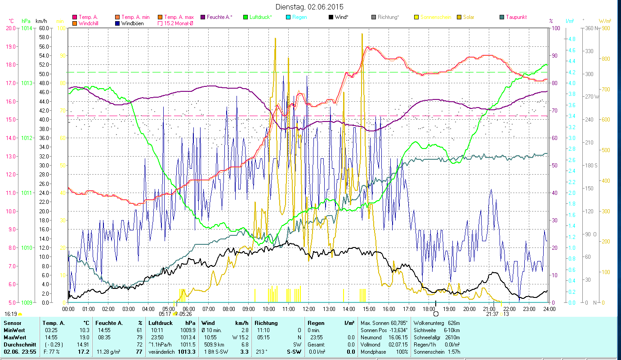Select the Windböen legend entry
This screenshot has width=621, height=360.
click(x=132, y=23)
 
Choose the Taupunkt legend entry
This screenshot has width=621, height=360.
click(x=516, y=17)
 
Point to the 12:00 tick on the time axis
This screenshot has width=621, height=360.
click(x=309, y=309)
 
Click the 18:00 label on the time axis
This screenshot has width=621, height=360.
click(x=429, y=309)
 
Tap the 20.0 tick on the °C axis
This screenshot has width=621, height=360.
click(x=11, y=28)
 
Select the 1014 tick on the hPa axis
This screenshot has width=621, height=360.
click(x=27, y=28)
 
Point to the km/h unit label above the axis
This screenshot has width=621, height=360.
click(x=41, y=21)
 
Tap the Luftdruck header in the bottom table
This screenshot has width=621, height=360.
click(x=161, y=323)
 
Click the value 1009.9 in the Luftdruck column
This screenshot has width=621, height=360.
click(x=189, y=330)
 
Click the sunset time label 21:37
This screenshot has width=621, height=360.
click(x=492, y=314)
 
